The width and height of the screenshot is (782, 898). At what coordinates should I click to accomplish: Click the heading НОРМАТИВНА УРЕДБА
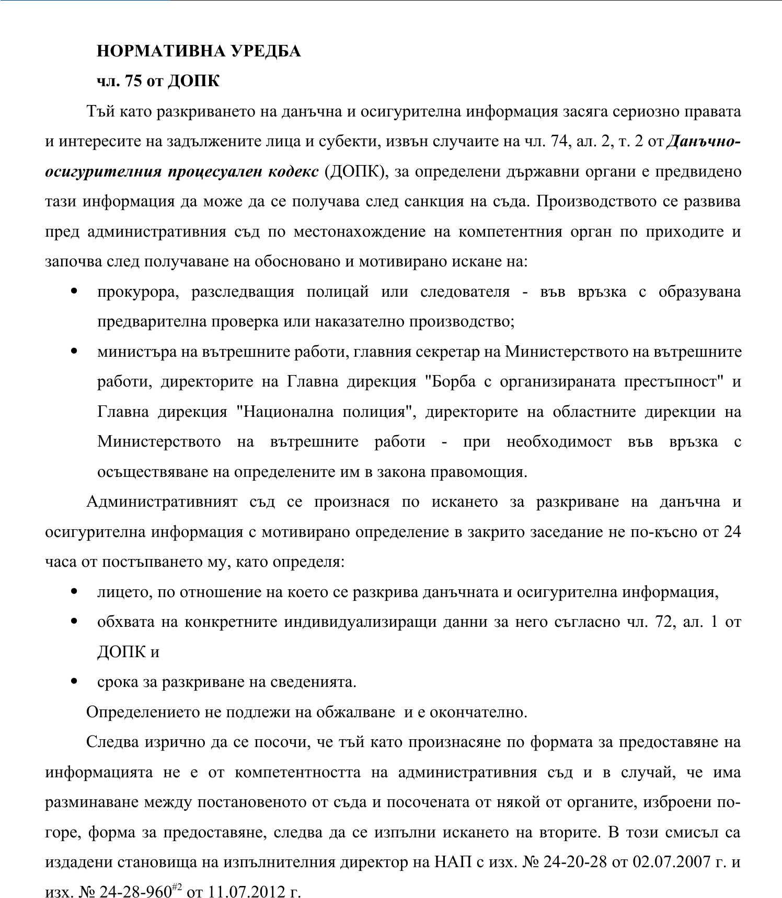pyautogui.click(x=199, y=51)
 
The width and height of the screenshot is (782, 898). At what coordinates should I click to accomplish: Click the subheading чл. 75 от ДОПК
pyautogui.click(x=158, y=81)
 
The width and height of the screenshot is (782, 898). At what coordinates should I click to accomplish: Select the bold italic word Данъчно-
pyautogui.click(x=704, y=142)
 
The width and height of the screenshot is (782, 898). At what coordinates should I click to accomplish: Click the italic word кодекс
pyautogui.click(x=293, y=172)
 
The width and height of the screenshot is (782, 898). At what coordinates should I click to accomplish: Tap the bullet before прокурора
pyautogui.click(x=74, y=291)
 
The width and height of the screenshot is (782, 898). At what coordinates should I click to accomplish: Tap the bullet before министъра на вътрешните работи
pyautogui.click(x=74, y=352)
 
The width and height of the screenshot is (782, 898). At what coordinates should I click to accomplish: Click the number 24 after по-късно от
pyautogui.click(x=732, y=532)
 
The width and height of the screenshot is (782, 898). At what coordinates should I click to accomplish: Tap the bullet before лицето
pyautogui.click(x=74, y=592)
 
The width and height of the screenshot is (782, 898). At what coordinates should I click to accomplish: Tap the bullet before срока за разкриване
pyautogui.click(x=74, y=682)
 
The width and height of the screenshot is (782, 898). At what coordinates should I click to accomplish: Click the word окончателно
pyautogui.click(x=478, y=712)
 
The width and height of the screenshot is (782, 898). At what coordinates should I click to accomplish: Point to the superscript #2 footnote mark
pyautogui.click(x=176, y=886)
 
